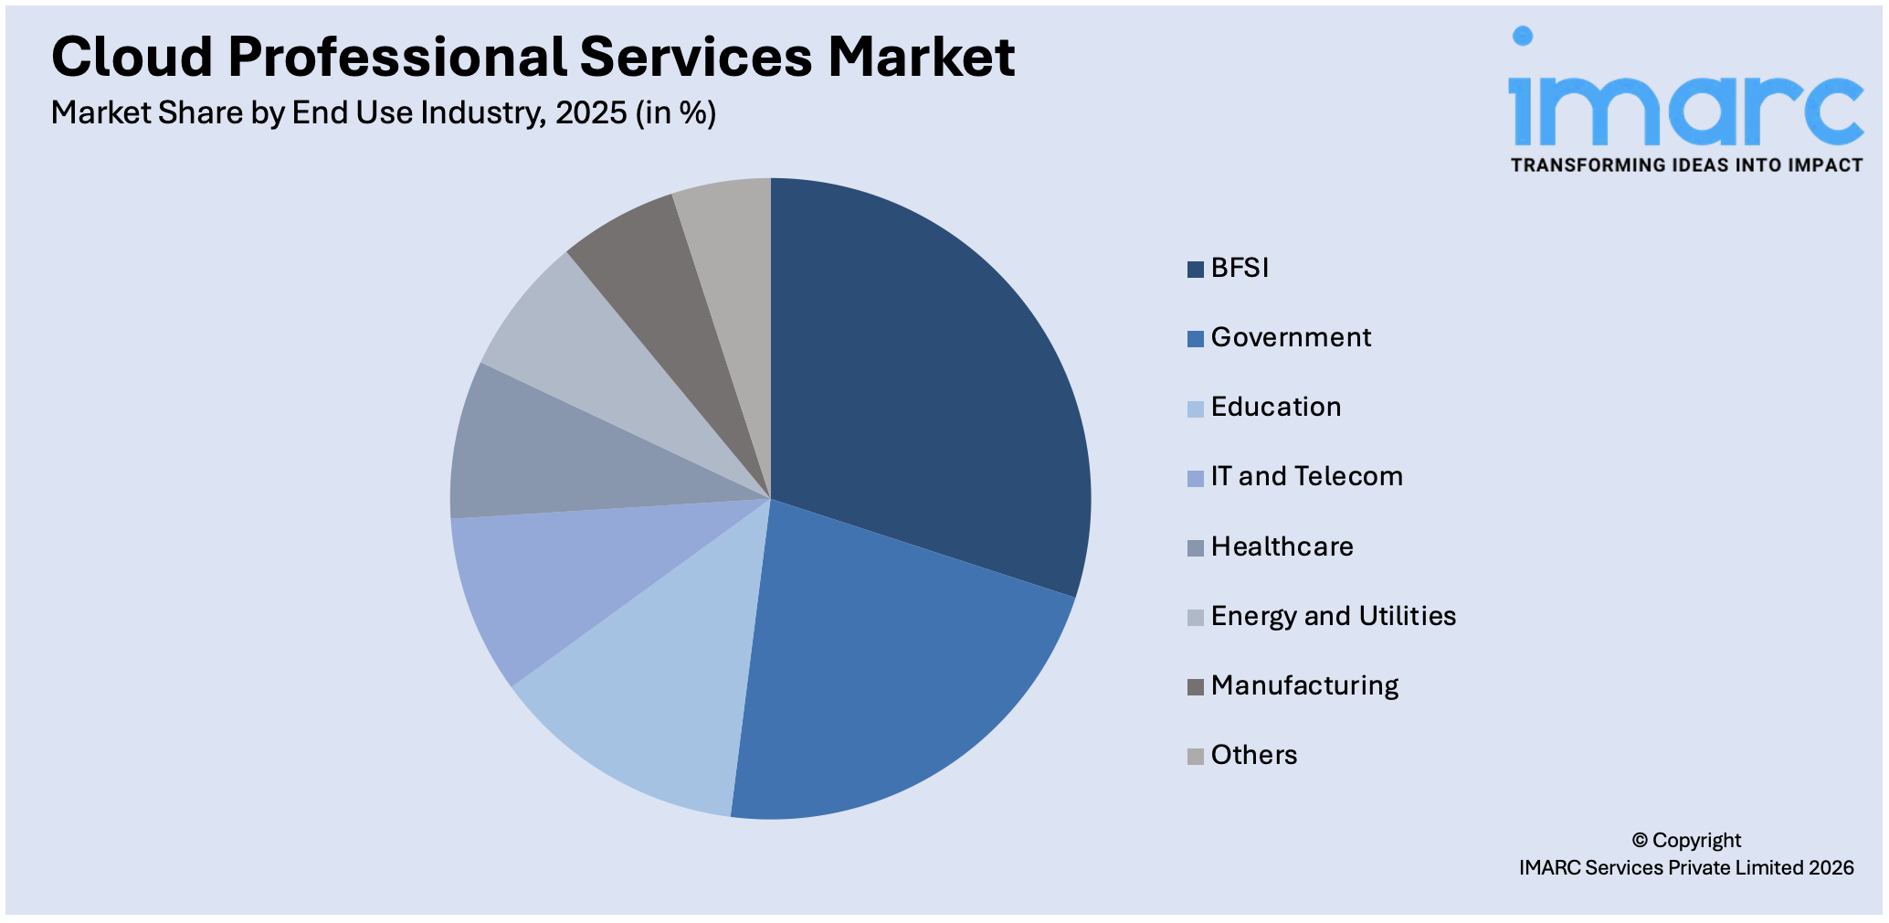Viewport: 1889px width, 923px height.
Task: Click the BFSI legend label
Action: (1240, 268)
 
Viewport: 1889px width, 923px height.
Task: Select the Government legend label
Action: (1291, 337)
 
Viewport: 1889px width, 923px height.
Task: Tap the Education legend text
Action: (1275, 407)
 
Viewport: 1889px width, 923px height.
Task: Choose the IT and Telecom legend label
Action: (1306, 476)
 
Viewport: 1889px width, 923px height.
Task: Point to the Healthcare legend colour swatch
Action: (1195, 548)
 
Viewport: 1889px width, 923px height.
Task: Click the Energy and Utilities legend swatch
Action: (1195, 618)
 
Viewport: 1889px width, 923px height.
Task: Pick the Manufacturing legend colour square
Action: (1195, 687)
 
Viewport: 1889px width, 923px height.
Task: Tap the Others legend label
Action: (1253, 755)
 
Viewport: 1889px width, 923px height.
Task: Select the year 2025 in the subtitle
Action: (591, 113)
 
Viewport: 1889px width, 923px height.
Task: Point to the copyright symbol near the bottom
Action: (1640, 840)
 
